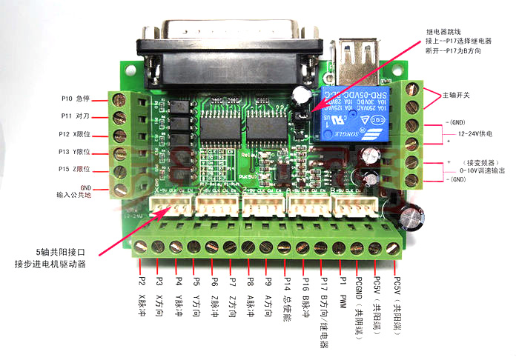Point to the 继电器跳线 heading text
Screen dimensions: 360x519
(445, 31)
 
